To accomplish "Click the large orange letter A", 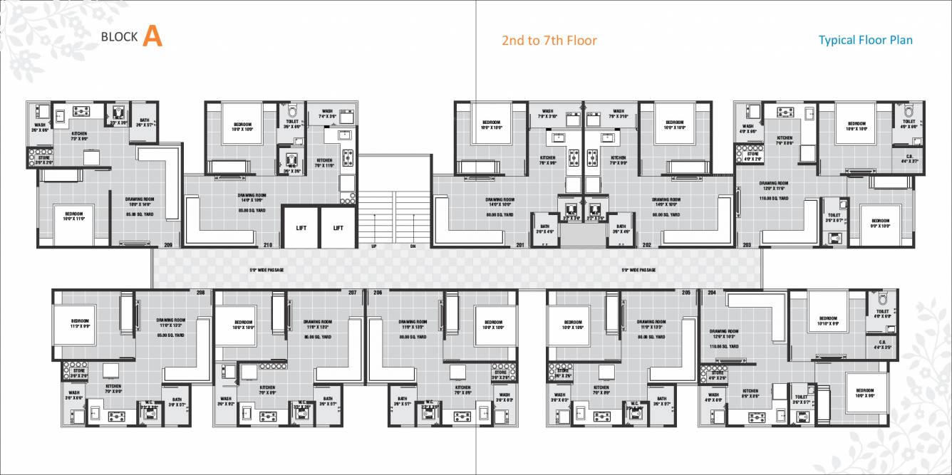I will coord(152,36).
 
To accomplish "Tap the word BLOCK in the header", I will coord(119,38).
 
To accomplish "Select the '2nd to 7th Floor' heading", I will coord(549,41).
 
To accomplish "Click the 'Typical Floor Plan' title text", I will coord(865,40).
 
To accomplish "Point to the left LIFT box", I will coord(301,228).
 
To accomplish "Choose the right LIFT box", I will coord(338,228).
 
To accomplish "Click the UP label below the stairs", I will coord(373,246).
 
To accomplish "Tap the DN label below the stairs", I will coord(413,246).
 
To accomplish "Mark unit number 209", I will coord(168,245).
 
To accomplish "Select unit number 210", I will coord(268,245).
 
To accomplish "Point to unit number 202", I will coord(647,245).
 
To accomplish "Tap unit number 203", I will coord(747,245).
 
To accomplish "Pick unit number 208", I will coord(200,293).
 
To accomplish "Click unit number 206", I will coord(377,293).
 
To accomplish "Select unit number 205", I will coord(685,293).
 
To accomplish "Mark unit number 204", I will coord(711,293).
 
